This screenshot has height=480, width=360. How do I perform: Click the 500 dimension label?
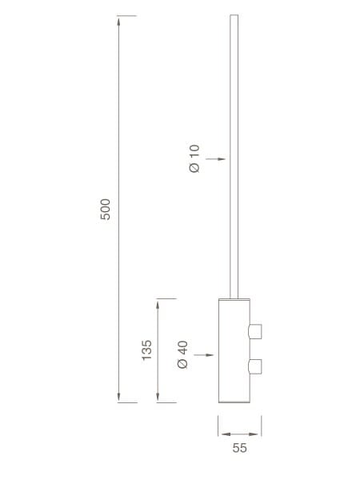point(106,210)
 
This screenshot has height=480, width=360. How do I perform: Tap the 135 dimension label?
point(147,350)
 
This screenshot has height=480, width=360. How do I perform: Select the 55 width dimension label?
point(239,448)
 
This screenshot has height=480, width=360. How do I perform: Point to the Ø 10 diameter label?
point(194,158)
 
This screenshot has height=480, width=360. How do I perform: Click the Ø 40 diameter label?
point(182,354)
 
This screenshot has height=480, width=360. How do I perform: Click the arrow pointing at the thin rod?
point(215,159)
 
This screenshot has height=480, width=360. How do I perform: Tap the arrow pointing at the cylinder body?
point(204,354)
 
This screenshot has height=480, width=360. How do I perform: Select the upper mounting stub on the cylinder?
point(256,331)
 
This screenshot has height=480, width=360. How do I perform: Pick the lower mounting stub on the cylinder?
point(256,366)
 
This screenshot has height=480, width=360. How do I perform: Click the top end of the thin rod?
point(234,15)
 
